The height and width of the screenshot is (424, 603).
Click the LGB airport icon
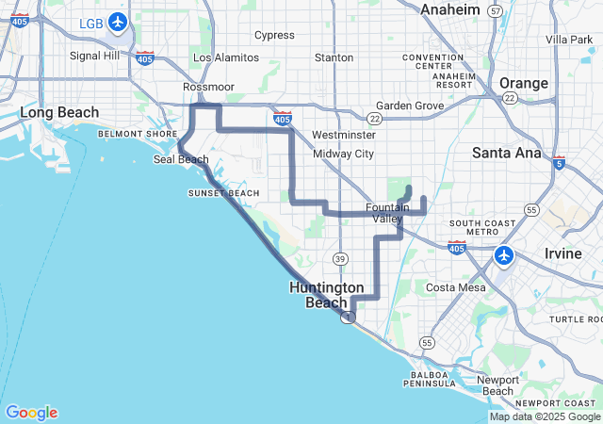118,22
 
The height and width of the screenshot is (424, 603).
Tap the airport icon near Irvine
504,254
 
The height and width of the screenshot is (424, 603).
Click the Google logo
31,413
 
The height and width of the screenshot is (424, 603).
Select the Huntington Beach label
327,294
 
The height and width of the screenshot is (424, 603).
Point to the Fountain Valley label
387,213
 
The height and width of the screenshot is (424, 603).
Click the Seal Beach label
181,159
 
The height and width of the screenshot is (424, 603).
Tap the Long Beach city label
59,113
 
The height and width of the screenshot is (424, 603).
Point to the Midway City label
343,154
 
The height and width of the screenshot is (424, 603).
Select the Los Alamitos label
225,57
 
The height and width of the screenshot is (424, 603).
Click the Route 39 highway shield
340,258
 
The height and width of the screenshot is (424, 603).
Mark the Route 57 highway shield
496,10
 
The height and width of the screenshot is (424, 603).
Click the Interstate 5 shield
560,162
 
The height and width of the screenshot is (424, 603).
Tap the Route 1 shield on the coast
349,318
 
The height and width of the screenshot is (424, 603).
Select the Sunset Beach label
223,193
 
